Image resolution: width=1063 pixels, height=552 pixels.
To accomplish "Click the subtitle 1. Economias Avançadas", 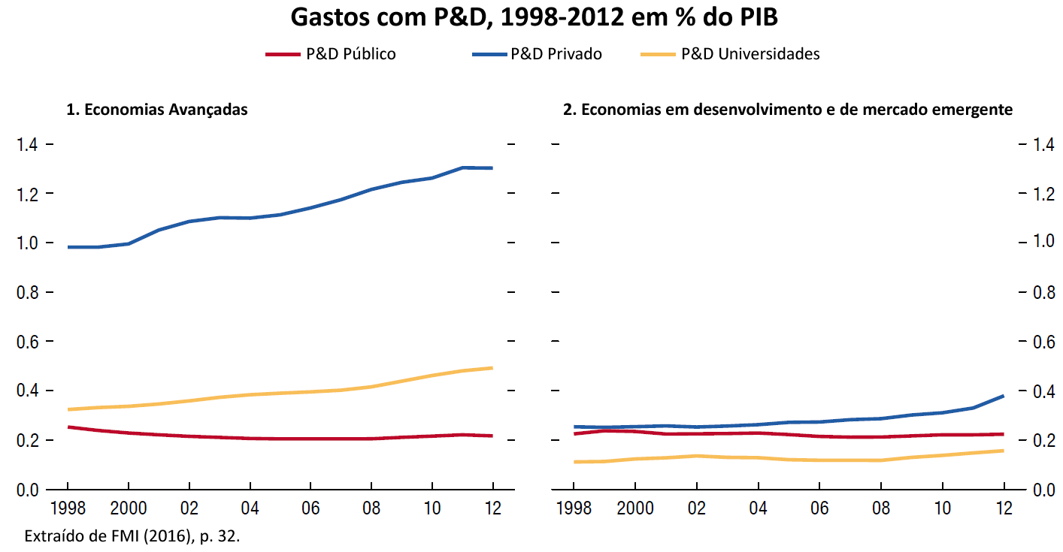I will pyautogui.click(x=157, y=110).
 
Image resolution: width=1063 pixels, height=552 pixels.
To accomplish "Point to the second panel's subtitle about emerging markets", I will pyautogui.click(x=788, y=110).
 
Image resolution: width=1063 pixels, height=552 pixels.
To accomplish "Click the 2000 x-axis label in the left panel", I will pyautogui.click(x=128, y=508).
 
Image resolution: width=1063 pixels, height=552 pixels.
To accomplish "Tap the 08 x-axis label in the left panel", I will pyautogui.click(x=371, y=508).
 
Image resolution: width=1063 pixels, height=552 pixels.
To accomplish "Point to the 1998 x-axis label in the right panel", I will pyautogui.click(x=574, y=508).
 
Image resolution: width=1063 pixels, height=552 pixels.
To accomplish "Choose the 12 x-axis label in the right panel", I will pyautogui.click(x=1003, y=508).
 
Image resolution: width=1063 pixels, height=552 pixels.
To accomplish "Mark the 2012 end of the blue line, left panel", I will pyautogui.click(x=492, y=168).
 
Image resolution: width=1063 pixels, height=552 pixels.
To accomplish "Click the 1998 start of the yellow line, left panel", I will pyautogui.click(x=68, y=409).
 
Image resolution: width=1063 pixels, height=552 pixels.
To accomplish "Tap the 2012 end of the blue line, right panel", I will pyautogui.click(x=1004, y=396).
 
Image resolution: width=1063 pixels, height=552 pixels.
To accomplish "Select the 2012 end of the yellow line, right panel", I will pyautogui.click(x=1004, y=451).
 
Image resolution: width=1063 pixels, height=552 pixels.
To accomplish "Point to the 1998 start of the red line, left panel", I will pyautogui.click(x=68, y=427).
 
